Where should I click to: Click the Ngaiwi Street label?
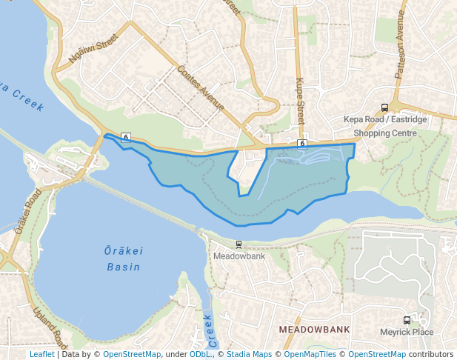tap(93, 48)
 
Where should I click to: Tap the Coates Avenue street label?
tap(201, 87)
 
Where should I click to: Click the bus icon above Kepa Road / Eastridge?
tap(384, 107)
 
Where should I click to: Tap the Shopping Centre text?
tap(384, 133)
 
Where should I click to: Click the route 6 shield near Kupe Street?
tap(302, 142)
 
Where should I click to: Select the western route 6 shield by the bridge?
tap(126, 137)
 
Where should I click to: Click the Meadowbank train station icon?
tap(238, 244)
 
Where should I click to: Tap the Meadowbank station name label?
tap(238, 256)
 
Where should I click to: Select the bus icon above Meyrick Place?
tap(407, 320)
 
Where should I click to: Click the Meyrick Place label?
tap(407, 332)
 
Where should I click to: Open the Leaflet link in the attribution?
tap(41, 354)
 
